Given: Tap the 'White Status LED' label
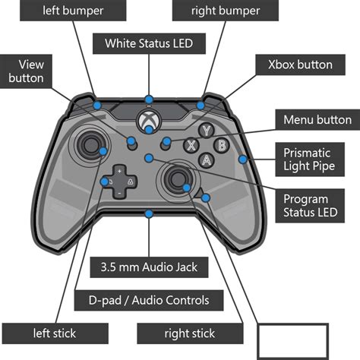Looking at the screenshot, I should [x=150, y=43].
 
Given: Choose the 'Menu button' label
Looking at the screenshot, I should [x=317, y=120].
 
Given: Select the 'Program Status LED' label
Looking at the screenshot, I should [x=309, y=205].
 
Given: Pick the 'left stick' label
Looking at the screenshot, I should [x=54, y=332].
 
